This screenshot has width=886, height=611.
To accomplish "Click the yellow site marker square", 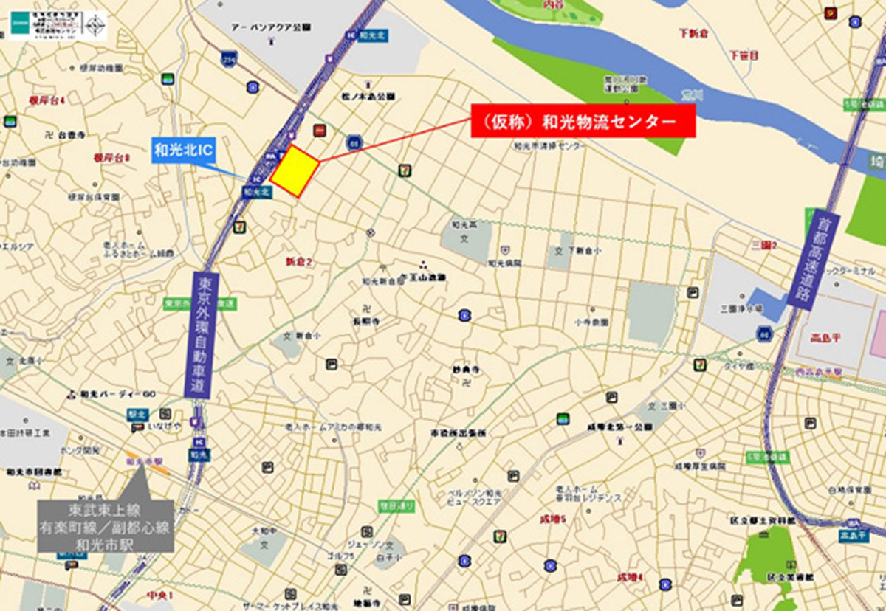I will [x=294, y=171].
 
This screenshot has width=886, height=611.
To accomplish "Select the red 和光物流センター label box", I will [x=583, y=120].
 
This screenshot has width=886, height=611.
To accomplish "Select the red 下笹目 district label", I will [x=744, y=55].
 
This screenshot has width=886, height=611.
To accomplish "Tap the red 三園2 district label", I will [x=764, y=245].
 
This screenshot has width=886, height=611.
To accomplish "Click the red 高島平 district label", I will [x=825, y=339].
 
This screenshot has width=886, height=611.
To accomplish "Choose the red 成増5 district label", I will [x=552, y=519].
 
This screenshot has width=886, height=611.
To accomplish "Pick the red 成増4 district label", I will [x=630, y=576].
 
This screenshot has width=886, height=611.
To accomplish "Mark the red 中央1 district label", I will [x=159, y=596].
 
